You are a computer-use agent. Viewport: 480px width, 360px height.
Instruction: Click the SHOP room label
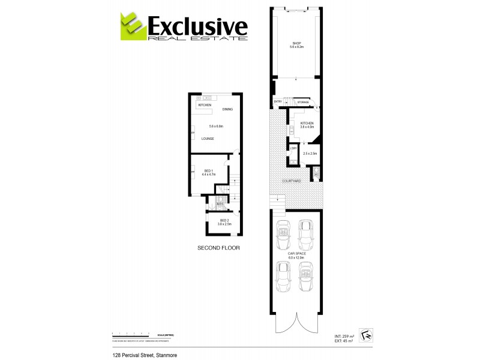pos(296,43)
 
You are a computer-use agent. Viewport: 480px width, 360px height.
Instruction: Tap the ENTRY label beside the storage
pos(278,102)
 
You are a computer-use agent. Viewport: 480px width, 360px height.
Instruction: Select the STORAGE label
pos(303,102)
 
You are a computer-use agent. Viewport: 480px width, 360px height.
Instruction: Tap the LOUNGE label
pos(208,139)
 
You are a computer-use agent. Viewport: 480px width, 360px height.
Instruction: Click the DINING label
pos(227,109)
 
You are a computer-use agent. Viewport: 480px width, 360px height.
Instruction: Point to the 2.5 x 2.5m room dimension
pos(310,154)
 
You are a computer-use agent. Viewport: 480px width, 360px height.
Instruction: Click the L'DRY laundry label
pos(293,148)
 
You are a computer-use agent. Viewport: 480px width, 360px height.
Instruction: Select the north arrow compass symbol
pos(366,336)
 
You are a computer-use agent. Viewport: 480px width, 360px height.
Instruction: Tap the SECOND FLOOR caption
pos(218,248)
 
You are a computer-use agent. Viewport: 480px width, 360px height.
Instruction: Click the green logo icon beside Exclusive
pos(131,26)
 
